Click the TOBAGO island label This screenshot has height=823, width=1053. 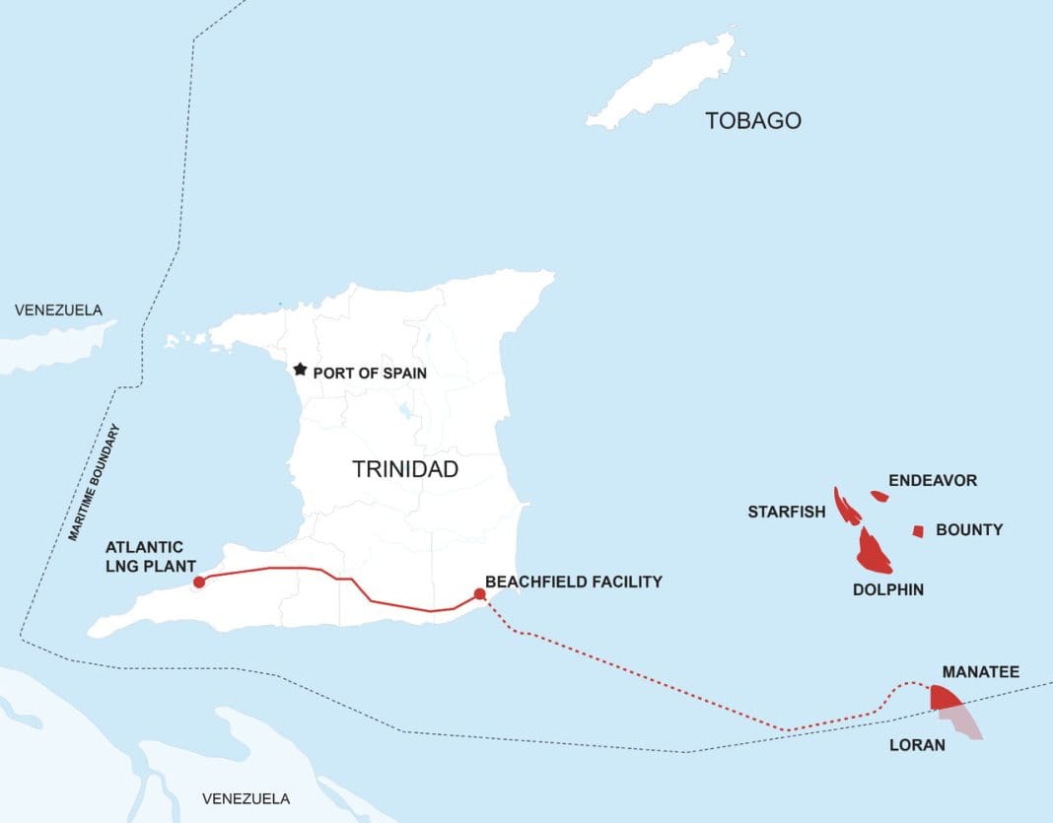tap(753, 121)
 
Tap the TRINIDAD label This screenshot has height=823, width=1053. tap(405, 469)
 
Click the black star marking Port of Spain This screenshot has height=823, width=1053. tap(299, 370)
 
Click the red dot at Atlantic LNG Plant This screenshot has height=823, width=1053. tap(199, 582)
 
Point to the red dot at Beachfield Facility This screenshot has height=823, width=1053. tap(479, 593)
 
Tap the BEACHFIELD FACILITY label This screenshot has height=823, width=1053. tap(574, 582)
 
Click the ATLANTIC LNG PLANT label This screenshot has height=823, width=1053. tap(144, 555)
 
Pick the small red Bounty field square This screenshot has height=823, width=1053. tap(918, 531)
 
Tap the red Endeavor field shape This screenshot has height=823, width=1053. tap(879, 496)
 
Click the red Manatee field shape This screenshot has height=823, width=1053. tap(945, 698)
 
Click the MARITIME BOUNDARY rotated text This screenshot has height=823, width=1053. tap(95, 483)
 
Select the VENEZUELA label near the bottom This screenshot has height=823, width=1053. tap(246, 797)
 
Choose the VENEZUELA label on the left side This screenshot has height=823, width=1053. tap(58, 310)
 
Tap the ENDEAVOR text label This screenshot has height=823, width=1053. tap(933, 481)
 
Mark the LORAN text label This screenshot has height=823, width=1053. tap(916, 745)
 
